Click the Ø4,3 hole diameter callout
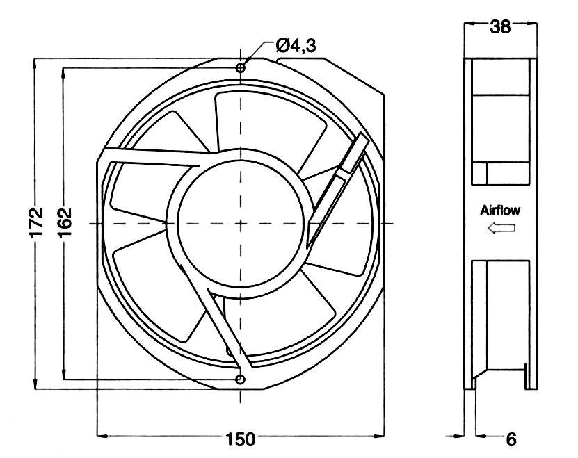click(x=296, y=47)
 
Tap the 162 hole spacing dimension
click(x=65, y=222)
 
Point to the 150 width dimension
click(x=240, y=439)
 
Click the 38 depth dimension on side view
click(x=501, y=27)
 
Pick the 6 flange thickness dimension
click(x=511, y=439)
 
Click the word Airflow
click(x=499, y=210)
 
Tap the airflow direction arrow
click(x=500, y=228)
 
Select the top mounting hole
click(x=241, y=68)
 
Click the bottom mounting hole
click(x=241, y=379)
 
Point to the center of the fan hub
click(x=241, y=223)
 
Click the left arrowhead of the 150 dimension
click(x=98, y=436)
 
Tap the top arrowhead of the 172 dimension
click(x=35, y=64)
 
